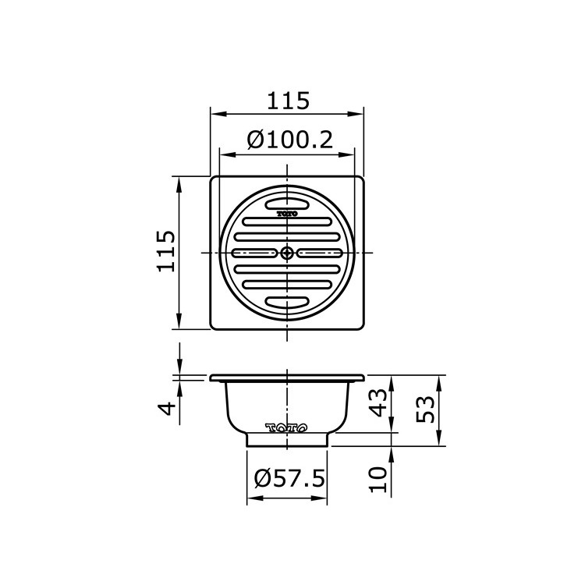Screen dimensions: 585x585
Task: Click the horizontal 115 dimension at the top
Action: pos(288,101)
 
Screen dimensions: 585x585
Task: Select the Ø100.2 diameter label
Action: pos(289,140)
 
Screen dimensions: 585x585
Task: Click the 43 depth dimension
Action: pos(378,403)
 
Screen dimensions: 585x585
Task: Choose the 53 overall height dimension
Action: pos(425,409)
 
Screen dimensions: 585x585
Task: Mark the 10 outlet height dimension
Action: pos(378,477)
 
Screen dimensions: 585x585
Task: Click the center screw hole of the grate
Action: pos(288,252)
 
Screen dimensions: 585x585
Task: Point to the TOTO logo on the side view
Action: pos(288,427)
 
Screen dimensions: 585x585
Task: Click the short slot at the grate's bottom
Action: pos(288,302)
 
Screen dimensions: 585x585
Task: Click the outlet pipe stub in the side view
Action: pos(288,440)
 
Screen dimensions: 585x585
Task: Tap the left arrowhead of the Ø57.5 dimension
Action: pos(252,499)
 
